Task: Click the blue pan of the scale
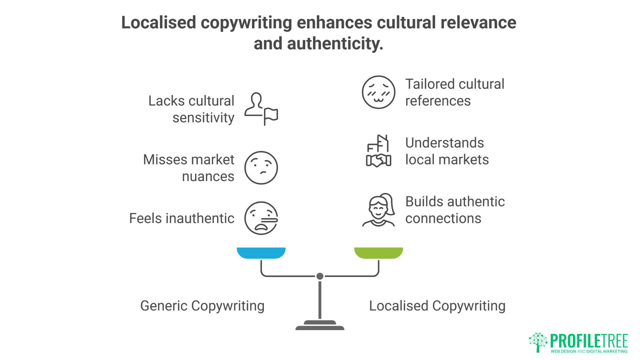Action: (x=261, y=253)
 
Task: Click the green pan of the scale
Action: (x=378, y=253)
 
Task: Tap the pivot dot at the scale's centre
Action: (x=320, y=276)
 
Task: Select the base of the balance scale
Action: (x=320, y=326)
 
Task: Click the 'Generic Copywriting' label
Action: (x=202, y=306)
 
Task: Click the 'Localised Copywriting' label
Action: (x=437, y=306)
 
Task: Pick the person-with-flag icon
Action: (x=261, y=109)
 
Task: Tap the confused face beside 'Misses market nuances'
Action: (x=261, y=168)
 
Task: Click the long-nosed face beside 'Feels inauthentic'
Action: (x=261, y=218)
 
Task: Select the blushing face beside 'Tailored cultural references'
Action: (x=378, y=92)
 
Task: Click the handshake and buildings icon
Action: (x=378, y=151)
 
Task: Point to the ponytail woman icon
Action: (x=378, y=210)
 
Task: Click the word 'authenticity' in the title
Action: (x=335, y=44)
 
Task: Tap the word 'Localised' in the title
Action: (x=158, y=23)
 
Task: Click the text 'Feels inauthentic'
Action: (x=182, y=218)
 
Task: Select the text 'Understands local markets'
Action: (x=447, y=151)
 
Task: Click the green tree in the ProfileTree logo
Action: (x=538, y=342)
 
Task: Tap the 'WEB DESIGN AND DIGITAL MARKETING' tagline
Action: (x=589, y=351)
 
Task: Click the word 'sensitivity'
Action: (x=203, y=118)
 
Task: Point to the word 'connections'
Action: (x=443, y=218)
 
